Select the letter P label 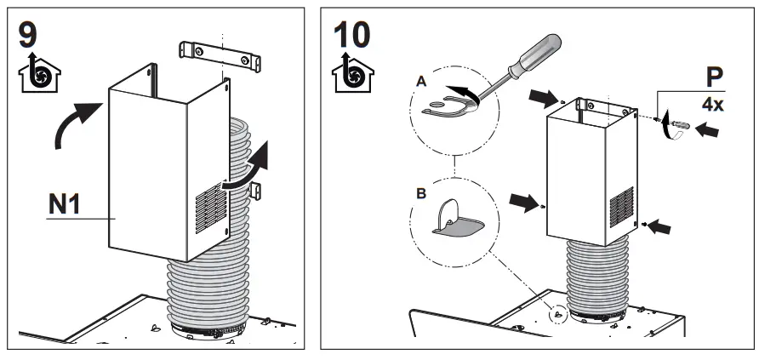pyautogui.click(x=717, y=79)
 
